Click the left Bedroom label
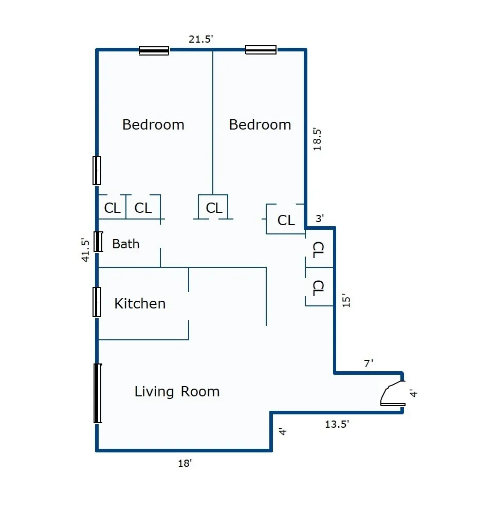[153, 124]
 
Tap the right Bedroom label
[260, 124]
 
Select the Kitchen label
[140, 303]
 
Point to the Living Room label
[177, 392]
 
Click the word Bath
[126, 244]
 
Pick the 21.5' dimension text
[200, 40]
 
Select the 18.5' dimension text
[318, 139]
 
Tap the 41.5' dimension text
[86, 250]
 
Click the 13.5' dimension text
[337, 424]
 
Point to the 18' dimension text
[185, 463]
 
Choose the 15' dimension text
[346, 300]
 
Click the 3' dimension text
[320, 218]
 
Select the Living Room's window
[98, 393]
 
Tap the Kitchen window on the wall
[97, 302]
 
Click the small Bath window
[98, 242]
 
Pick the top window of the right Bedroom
[261, 50]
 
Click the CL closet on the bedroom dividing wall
[213, 208]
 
